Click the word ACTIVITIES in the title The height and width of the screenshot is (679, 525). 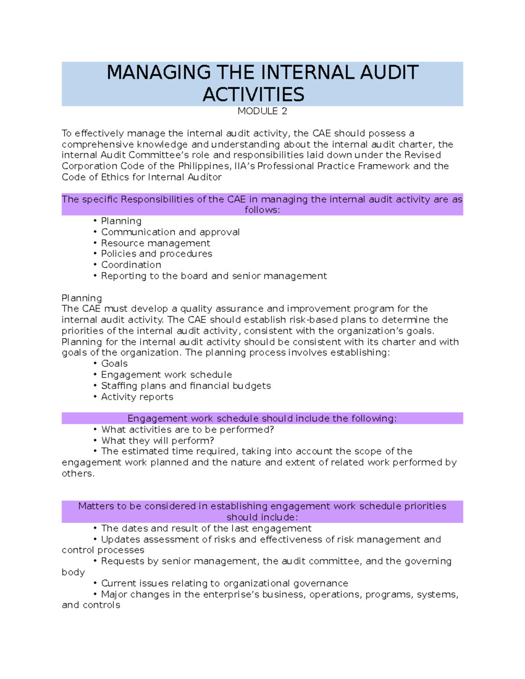point(253,95)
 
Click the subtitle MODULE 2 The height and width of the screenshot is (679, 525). point(262,111)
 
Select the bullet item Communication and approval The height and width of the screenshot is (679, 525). point(170,232)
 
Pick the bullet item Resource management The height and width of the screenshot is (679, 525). point(155,243)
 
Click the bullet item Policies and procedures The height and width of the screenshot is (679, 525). point(156,254)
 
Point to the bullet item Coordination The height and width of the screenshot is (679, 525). point(131,265)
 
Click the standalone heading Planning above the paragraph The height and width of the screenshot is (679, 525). point(82,298)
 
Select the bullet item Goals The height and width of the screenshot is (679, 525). point(114,364)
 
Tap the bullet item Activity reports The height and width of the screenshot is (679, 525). point(137,397)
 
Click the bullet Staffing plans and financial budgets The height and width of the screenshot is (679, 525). point(185,386)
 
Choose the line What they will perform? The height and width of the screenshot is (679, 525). point(157,441)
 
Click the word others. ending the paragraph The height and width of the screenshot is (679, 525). point(78,474)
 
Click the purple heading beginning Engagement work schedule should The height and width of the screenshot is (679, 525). point(262,418)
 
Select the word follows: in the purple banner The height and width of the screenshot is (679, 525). point(262,210)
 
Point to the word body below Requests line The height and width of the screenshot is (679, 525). point(73,572)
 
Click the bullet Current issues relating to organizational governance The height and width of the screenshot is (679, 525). point(224,583)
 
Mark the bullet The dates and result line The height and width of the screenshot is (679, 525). point(206,529)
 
